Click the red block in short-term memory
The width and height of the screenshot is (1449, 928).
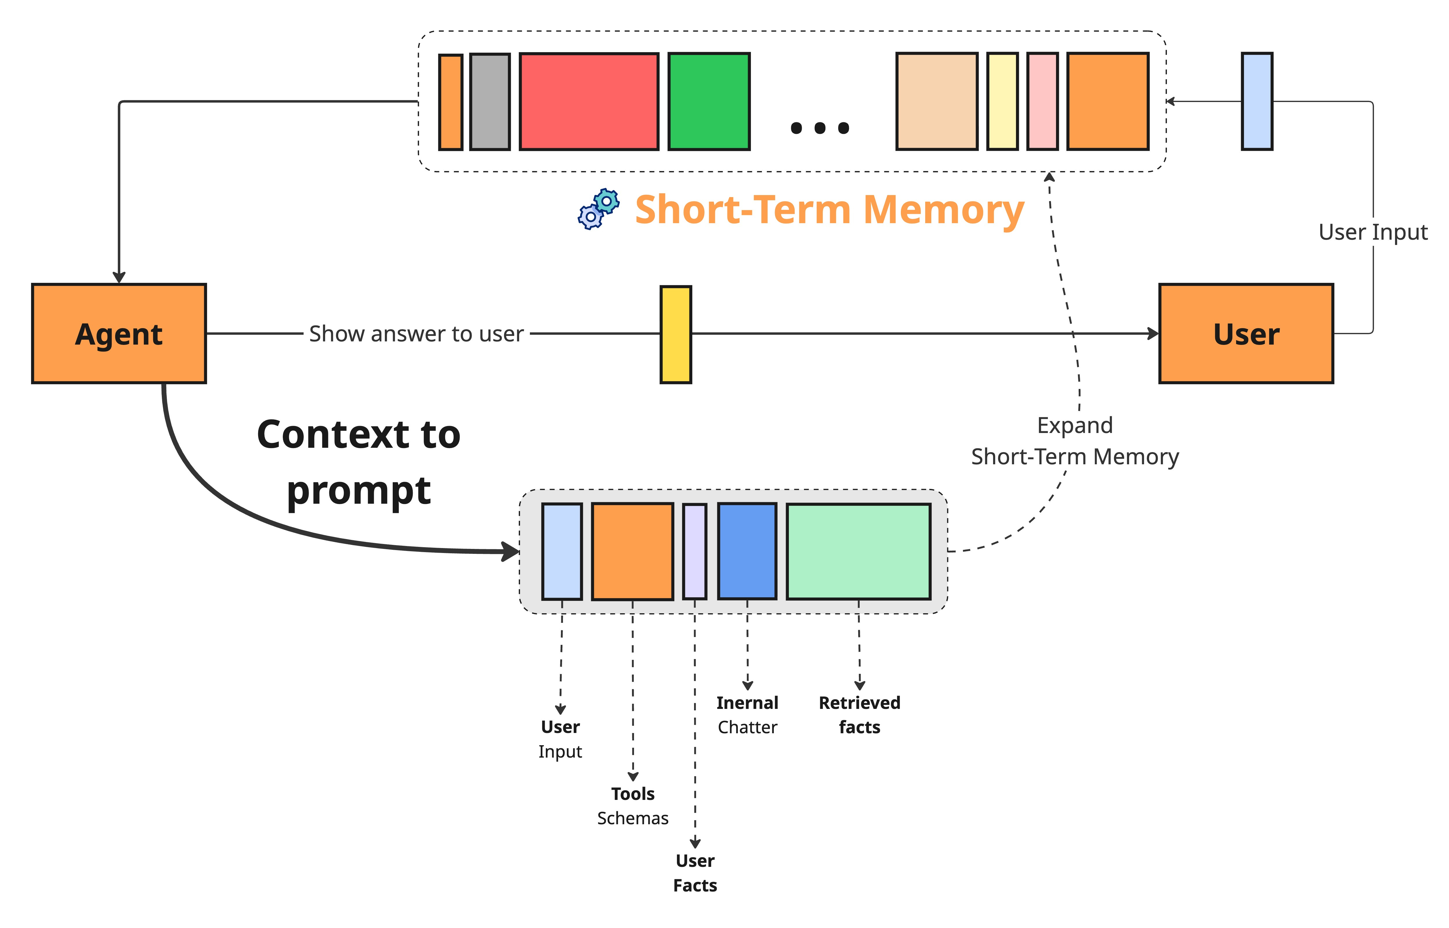pos(588,101)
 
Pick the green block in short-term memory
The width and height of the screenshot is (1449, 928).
pos(709,101)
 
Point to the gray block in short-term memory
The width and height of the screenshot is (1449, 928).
pos(490,101)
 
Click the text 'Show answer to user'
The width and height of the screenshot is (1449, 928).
pos(416,334)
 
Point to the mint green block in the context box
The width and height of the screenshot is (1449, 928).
pos(858,551)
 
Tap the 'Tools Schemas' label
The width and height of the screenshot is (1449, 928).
pos(633,806)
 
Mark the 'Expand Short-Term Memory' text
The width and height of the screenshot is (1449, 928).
pos(1075,441)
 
